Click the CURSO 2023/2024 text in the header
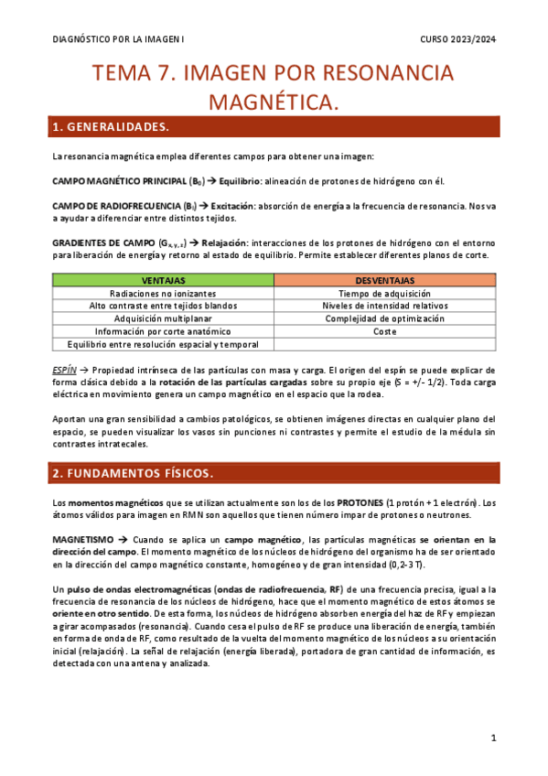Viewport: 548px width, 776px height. tap(457, 39)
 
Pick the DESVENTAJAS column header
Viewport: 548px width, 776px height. tap(385, 280)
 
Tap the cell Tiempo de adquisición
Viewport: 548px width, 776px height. tap(385, 293)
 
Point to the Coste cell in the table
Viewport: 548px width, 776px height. tap(385, 331)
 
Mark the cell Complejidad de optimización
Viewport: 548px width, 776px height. tap(385, 318)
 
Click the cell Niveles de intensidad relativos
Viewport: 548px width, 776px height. tap(385, 306)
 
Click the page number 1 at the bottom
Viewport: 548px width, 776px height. tap(493, 738)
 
